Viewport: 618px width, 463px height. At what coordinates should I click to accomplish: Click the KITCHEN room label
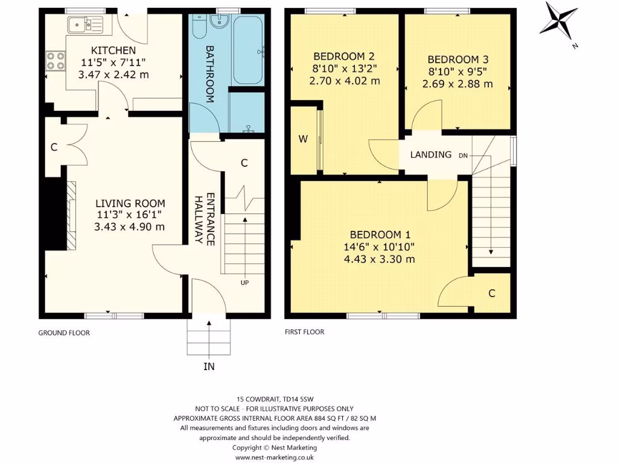pyautogui.click(x=113, y=50)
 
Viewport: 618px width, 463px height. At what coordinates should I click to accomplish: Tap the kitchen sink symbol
pyautogui.click(x=85, y=25)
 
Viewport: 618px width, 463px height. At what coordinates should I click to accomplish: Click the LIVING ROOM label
pyautogui.click(x=130, y=204)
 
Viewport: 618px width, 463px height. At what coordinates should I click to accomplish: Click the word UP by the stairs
pyautogui.click(x=245, y=283)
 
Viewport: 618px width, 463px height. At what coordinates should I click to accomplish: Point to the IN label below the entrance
pyautogui.click(x=209, y=366)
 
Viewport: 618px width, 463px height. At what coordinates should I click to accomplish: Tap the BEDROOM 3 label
pyautogui.click(x=457, y=60)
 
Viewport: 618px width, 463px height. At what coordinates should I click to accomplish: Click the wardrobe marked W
pyautogui.click(x=303, y=139)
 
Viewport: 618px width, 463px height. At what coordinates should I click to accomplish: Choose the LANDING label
pyautogui.click(x=431, y=154)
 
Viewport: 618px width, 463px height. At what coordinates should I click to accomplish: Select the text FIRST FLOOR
pyautogui.click(x=304, y=332)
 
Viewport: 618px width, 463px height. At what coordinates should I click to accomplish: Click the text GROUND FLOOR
pyautogui.click(x=64, y=333)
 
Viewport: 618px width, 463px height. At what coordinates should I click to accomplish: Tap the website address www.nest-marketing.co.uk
pyautogui.click(x=275, y=458)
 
